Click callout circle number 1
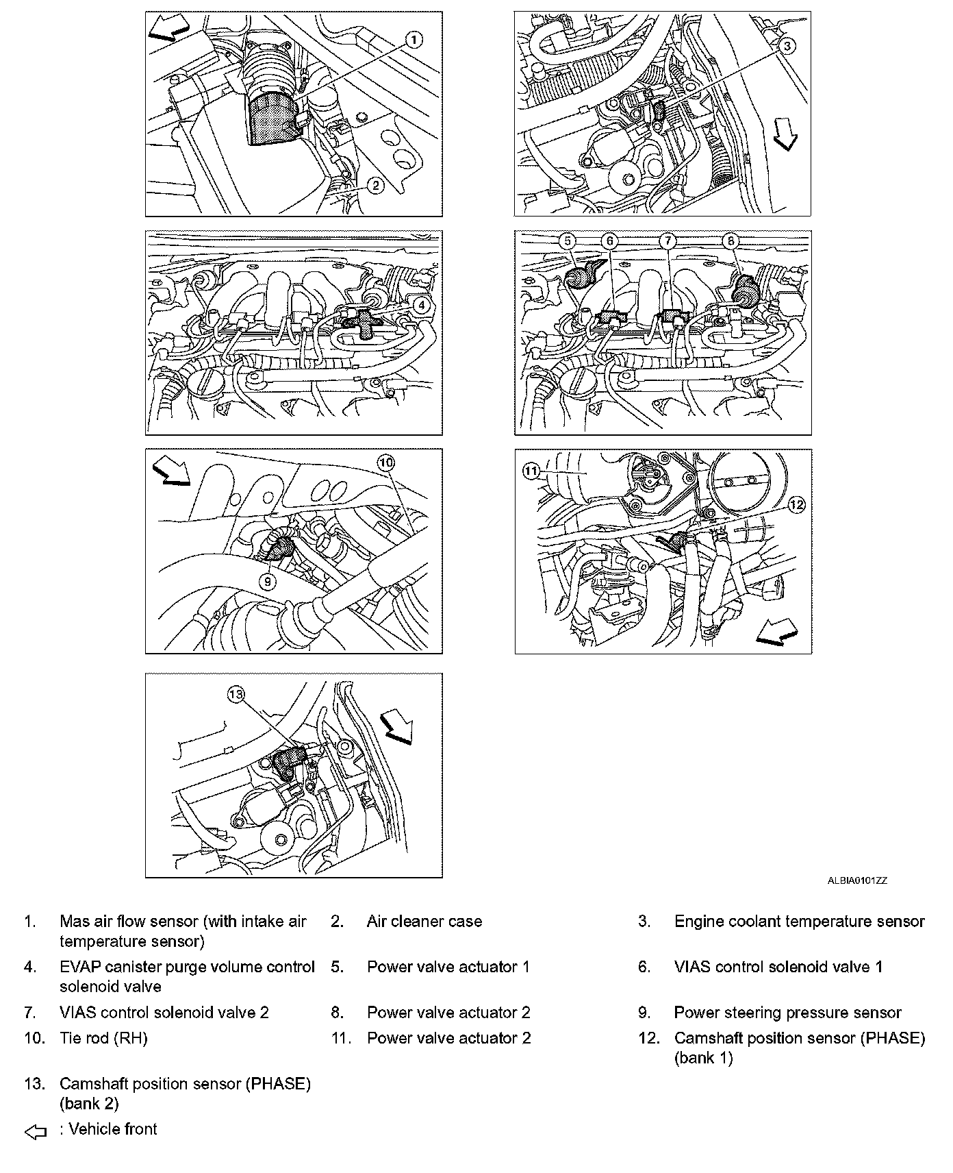pos(413,40)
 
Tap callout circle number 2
pos(375,184)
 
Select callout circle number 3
pos(787,46)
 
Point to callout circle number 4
pos(422,306)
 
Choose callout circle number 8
pos(730,240)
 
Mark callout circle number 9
pos(267,581)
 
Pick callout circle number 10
pos(386,463)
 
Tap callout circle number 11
pos(532,471)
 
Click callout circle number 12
pos(796,505)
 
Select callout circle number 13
pos(236,695)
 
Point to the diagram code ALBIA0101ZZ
pos(857,881)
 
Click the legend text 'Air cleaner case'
pos(424,922)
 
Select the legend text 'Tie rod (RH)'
pos(103,1038)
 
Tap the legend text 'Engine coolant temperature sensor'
pos(799,922)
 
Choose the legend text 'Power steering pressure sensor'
pos(787,1013)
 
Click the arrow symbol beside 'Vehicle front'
pos(36,1133)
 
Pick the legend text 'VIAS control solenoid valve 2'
pos(164,1013)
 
